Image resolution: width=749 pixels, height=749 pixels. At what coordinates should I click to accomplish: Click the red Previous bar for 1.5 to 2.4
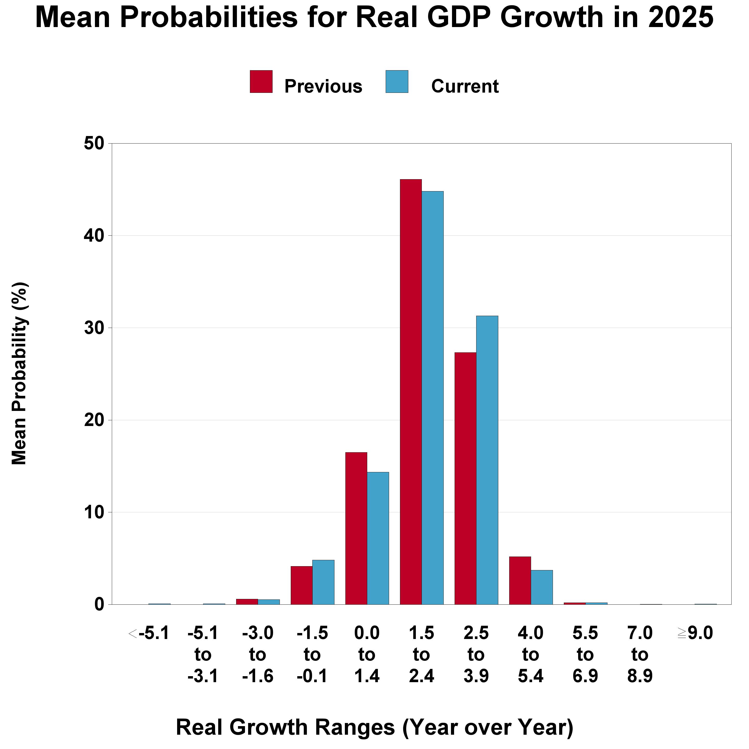point(411,392)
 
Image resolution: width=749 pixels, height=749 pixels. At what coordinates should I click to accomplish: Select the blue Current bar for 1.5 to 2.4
point(433,397)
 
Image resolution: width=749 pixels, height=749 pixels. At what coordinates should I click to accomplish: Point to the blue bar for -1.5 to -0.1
point(323,582)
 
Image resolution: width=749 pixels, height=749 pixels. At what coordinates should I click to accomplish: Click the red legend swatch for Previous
point(261,81)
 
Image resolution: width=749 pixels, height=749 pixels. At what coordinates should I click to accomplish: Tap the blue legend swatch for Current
point(397,81)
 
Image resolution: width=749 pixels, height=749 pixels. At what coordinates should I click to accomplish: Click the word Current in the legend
point(464,86)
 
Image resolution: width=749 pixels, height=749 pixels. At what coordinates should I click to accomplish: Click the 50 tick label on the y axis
point(94,144)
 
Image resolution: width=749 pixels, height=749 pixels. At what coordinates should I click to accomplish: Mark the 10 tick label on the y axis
point(94,513)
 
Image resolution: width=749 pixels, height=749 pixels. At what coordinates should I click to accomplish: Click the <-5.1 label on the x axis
point(149,634)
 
